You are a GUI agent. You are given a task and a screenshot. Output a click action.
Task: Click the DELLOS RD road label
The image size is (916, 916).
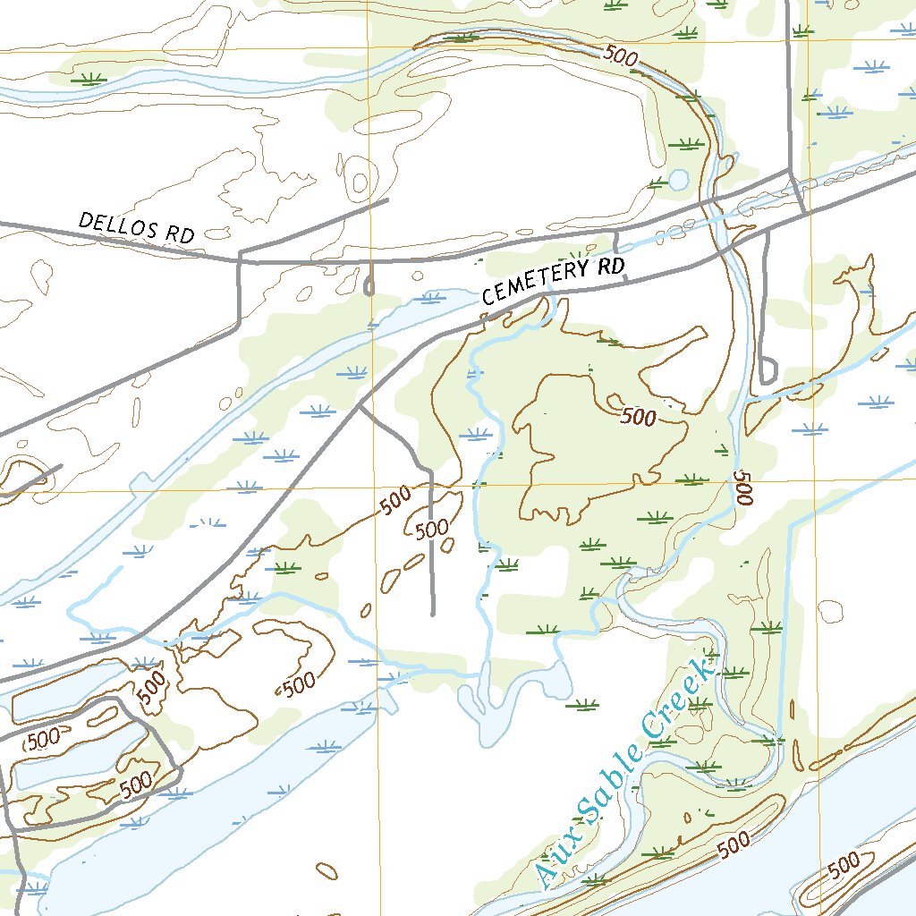click(136, 227)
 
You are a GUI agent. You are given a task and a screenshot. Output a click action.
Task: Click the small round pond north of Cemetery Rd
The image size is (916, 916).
click(679, 181)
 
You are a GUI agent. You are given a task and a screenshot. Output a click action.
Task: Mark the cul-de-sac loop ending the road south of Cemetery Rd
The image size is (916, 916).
click(767, 371)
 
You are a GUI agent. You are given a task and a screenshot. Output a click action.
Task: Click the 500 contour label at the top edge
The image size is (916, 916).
click(621, 55)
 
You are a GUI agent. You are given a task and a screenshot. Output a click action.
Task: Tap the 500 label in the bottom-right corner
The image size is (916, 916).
click(844, 863)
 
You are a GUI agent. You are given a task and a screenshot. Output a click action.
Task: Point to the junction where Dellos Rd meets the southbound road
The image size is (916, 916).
click(240, 260)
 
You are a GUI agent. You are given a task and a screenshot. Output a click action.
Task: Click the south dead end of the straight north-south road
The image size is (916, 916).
click(432, 615)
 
